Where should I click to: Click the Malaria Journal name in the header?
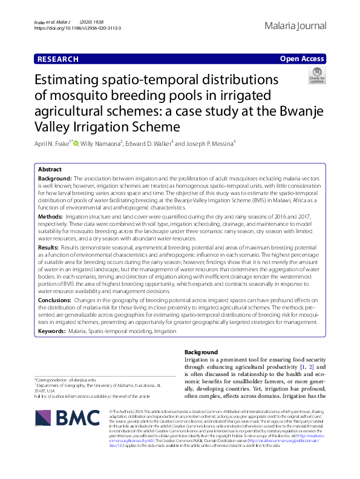click(x=295, y=26)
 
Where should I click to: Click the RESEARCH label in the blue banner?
click(x=58, y=59)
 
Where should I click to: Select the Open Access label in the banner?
click(x=301, y=59)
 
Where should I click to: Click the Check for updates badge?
click(x=317, y=76)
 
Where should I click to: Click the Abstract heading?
click(x=50, y=170)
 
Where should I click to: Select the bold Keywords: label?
click(x=52, y=331)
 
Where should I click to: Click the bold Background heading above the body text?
click(x=201, y=352)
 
